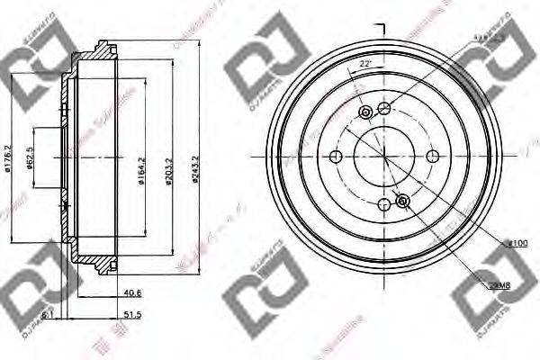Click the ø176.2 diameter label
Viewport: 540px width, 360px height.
[x=7, y=156]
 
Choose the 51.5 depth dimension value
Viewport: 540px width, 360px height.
[x=133, y=315]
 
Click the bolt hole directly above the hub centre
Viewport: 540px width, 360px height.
[x=384, y=109]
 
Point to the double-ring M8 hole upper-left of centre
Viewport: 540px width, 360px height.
[x=365, y=112]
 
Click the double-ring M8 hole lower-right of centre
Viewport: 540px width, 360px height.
[x=403, y=200]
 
